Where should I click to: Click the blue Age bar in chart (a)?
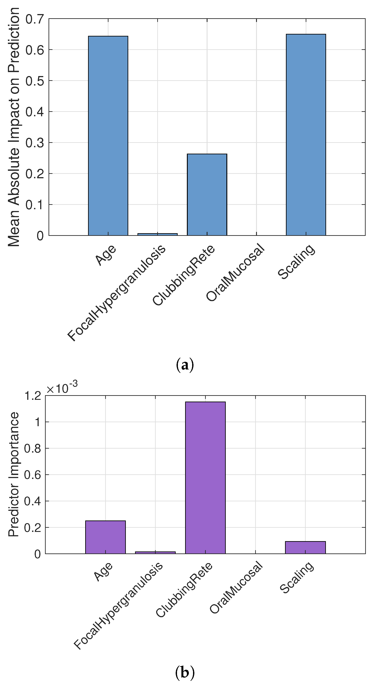(x=108, y=135)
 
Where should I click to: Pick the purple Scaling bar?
(x=305, y=547)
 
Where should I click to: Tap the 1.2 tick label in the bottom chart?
(x=33, y=396)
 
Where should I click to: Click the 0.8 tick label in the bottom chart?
(x=33, y=448)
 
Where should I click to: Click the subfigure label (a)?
(x=185, y=365)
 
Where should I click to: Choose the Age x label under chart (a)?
(x=106, y=255)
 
